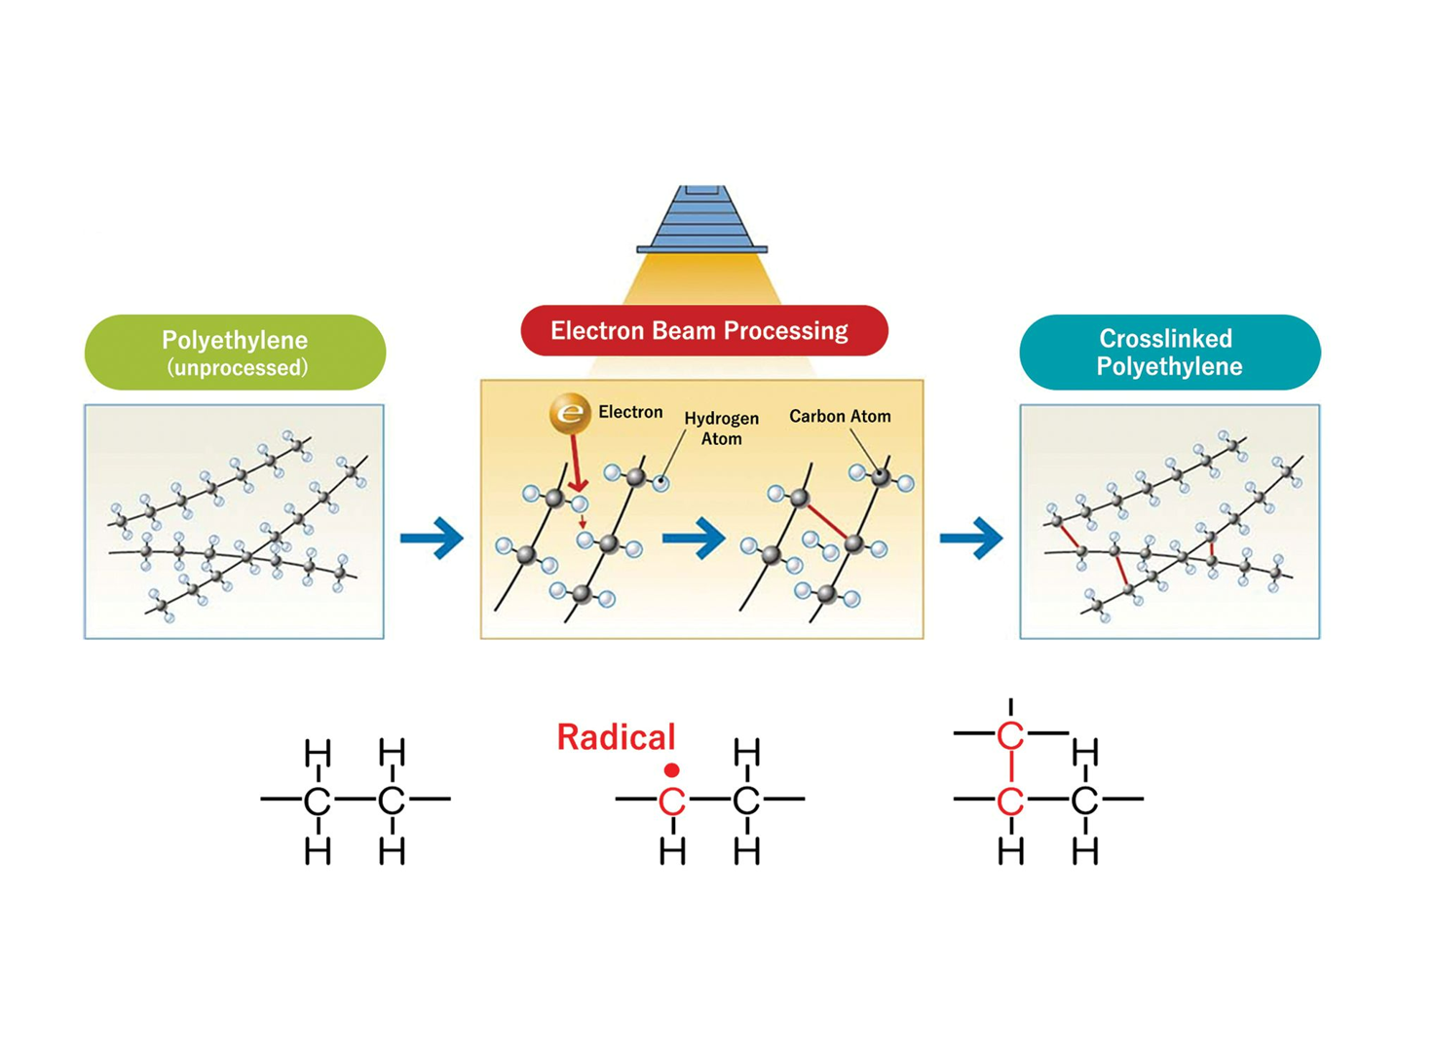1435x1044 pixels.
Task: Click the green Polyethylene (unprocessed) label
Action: pos(235,352)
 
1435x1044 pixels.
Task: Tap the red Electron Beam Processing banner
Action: pos(703,330)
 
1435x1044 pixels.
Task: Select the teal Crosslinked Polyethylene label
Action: pos(1169,352)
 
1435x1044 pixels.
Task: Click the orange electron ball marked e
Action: pos(570,413)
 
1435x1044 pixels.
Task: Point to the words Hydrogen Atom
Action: pos(721,429)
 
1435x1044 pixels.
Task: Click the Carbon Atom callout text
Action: pos(840,417)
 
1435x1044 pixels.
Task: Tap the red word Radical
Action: pos(616,737)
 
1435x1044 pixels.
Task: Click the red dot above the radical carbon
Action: pos(671,770)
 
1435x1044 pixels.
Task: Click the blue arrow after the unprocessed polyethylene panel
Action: pos(432,538)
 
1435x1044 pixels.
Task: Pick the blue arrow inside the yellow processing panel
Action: pos(694,538)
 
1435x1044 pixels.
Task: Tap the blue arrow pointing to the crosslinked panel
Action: pos(971,538)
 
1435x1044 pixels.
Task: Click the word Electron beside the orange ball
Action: pos(630,412)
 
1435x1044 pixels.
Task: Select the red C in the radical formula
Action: pos(671,802)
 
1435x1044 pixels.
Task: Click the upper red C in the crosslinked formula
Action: pos(1010,736)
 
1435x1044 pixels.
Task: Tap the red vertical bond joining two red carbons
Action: pos(1010,768)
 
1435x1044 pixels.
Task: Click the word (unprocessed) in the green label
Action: pos(237,368)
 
